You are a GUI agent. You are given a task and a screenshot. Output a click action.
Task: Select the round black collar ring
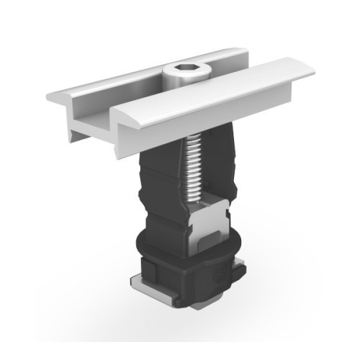tap(144, 248)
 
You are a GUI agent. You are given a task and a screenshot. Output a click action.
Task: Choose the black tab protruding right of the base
tap(240, 272)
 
